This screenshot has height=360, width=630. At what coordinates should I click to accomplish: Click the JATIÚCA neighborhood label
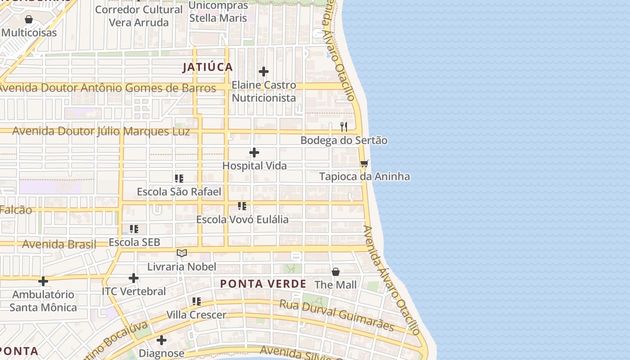click(x=207, y=67)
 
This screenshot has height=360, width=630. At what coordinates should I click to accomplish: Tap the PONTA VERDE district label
click(x=263, y=284)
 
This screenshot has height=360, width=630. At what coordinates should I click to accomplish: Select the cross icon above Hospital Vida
click(x=254, y=153)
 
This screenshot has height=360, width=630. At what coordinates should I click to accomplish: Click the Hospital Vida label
click(x=255, y=166)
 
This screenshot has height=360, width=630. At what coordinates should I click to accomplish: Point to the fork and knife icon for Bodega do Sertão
click(x=344, y=126)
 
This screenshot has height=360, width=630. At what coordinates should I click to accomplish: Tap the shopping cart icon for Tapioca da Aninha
click(x=364, y=163)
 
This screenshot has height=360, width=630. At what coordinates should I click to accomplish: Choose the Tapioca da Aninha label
click(x=364, y=176)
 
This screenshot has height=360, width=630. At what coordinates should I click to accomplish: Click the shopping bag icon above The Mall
click(x=336, y=272)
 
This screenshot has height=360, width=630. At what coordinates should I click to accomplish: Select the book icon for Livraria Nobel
click(x=182, y=253)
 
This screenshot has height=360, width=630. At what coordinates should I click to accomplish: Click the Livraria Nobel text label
click(x=182, y=267)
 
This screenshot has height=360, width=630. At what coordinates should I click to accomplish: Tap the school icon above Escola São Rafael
click(x=179, y=179)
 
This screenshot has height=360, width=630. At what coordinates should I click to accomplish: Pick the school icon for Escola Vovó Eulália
click(x=242, y=206)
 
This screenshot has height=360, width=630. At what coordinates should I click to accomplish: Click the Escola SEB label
click(x=135, y=242)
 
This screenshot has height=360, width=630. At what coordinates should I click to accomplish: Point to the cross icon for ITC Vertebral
click(x=134, y=278)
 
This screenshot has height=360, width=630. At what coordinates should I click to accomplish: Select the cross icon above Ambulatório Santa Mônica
click(x=43, y=282)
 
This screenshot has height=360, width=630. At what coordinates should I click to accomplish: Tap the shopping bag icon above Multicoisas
click(x=29, y=19)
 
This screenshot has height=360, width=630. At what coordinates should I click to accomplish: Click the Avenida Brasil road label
click(x=59, y=244)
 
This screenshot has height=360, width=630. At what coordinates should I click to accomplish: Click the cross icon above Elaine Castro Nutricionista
click(x=264, y=72)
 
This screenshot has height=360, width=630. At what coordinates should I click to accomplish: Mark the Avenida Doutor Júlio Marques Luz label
click(x=101, y=131)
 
